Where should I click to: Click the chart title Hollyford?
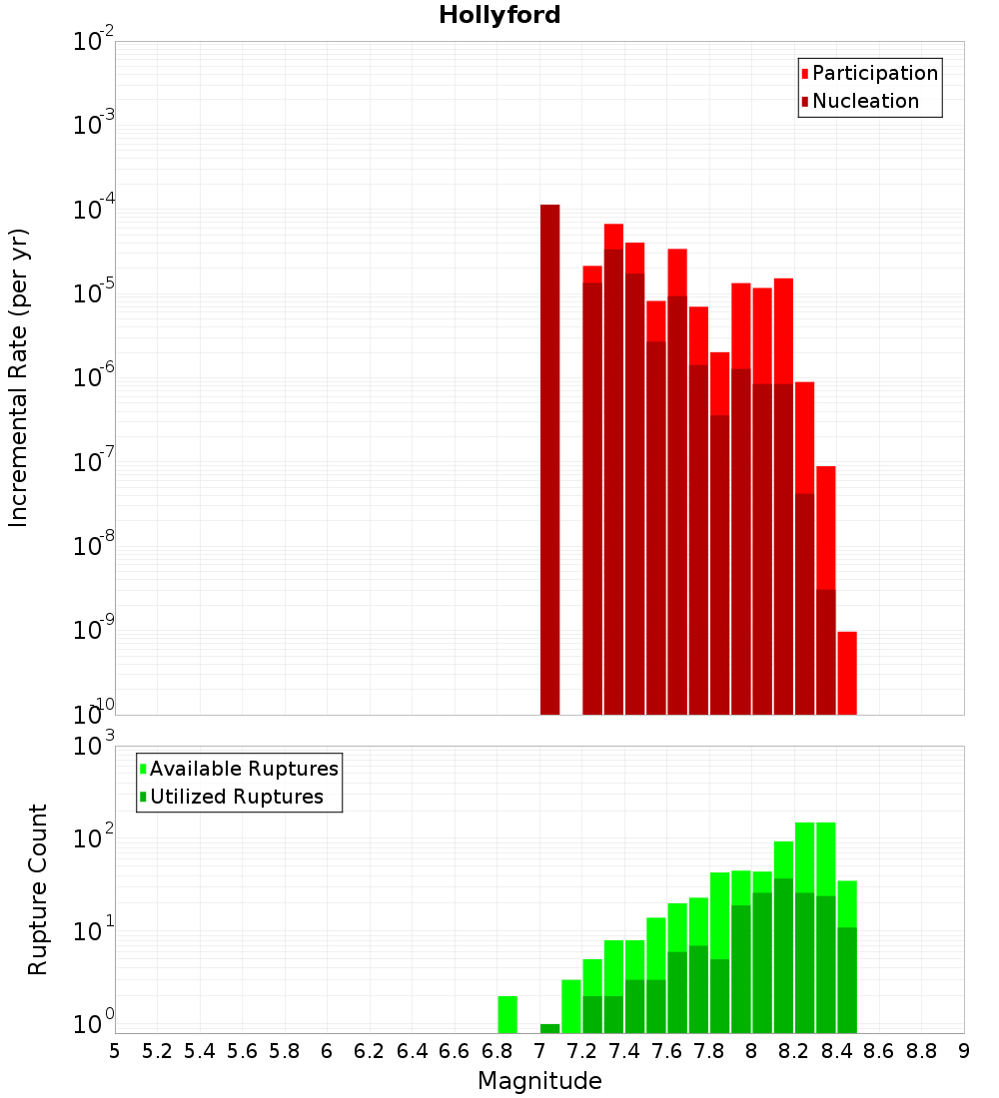click(x=499, y=15)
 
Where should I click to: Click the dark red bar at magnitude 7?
click(x=549, y=459)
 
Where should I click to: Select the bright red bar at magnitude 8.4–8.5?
click(x=847, y=673)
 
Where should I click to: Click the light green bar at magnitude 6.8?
click(x=507, y=1014)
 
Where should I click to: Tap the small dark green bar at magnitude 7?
click(x=549, y=1028)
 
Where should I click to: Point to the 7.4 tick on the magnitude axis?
click(x=624, y=1050)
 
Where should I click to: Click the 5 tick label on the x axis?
click(x=115, y=1050)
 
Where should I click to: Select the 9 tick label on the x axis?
click(x=964, y=1050)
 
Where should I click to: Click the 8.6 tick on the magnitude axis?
click(x=879, y=1050)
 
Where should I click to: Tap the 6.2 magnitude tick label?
click(x=370, y=1050)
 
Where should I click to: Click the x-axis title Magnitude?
click(x=539, y=1081)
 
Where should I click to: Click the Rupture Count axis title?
click(x=38, y=888)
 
